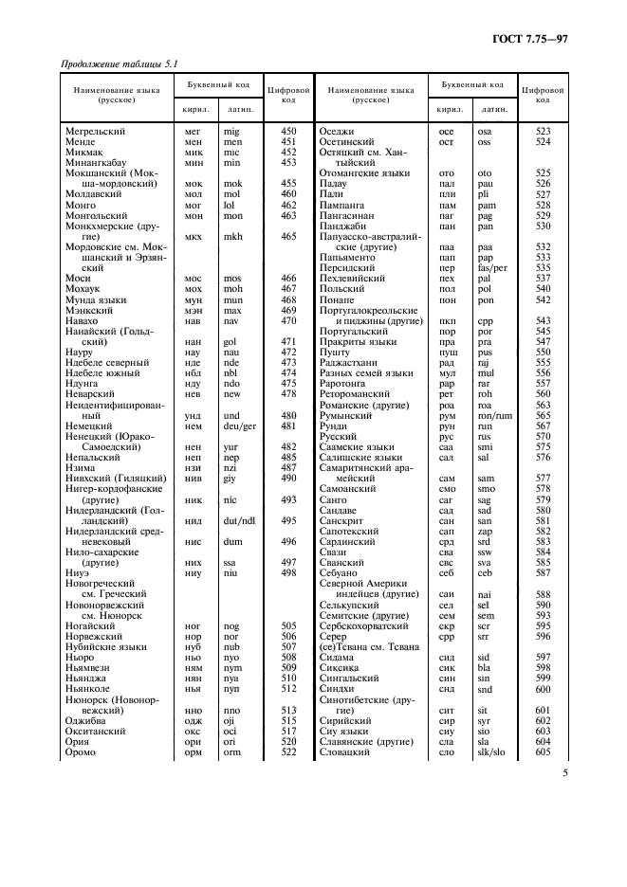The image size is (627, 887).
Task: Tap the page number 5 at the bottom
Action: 564,772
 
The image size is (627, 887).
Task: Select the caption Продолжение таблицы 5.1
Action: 120,64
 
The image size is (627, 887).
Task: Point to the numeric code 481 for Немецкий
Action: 289,426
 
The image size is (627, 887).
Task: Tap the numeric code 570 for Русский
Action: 544,438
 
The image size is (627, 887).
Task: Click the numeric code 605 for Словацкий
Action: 544,751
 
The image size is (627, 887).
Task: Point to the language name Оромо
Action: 83,751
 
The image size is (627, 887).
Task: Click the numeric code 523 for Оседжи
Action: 544,131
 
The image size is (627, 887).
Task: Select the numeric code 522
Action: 289,751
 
